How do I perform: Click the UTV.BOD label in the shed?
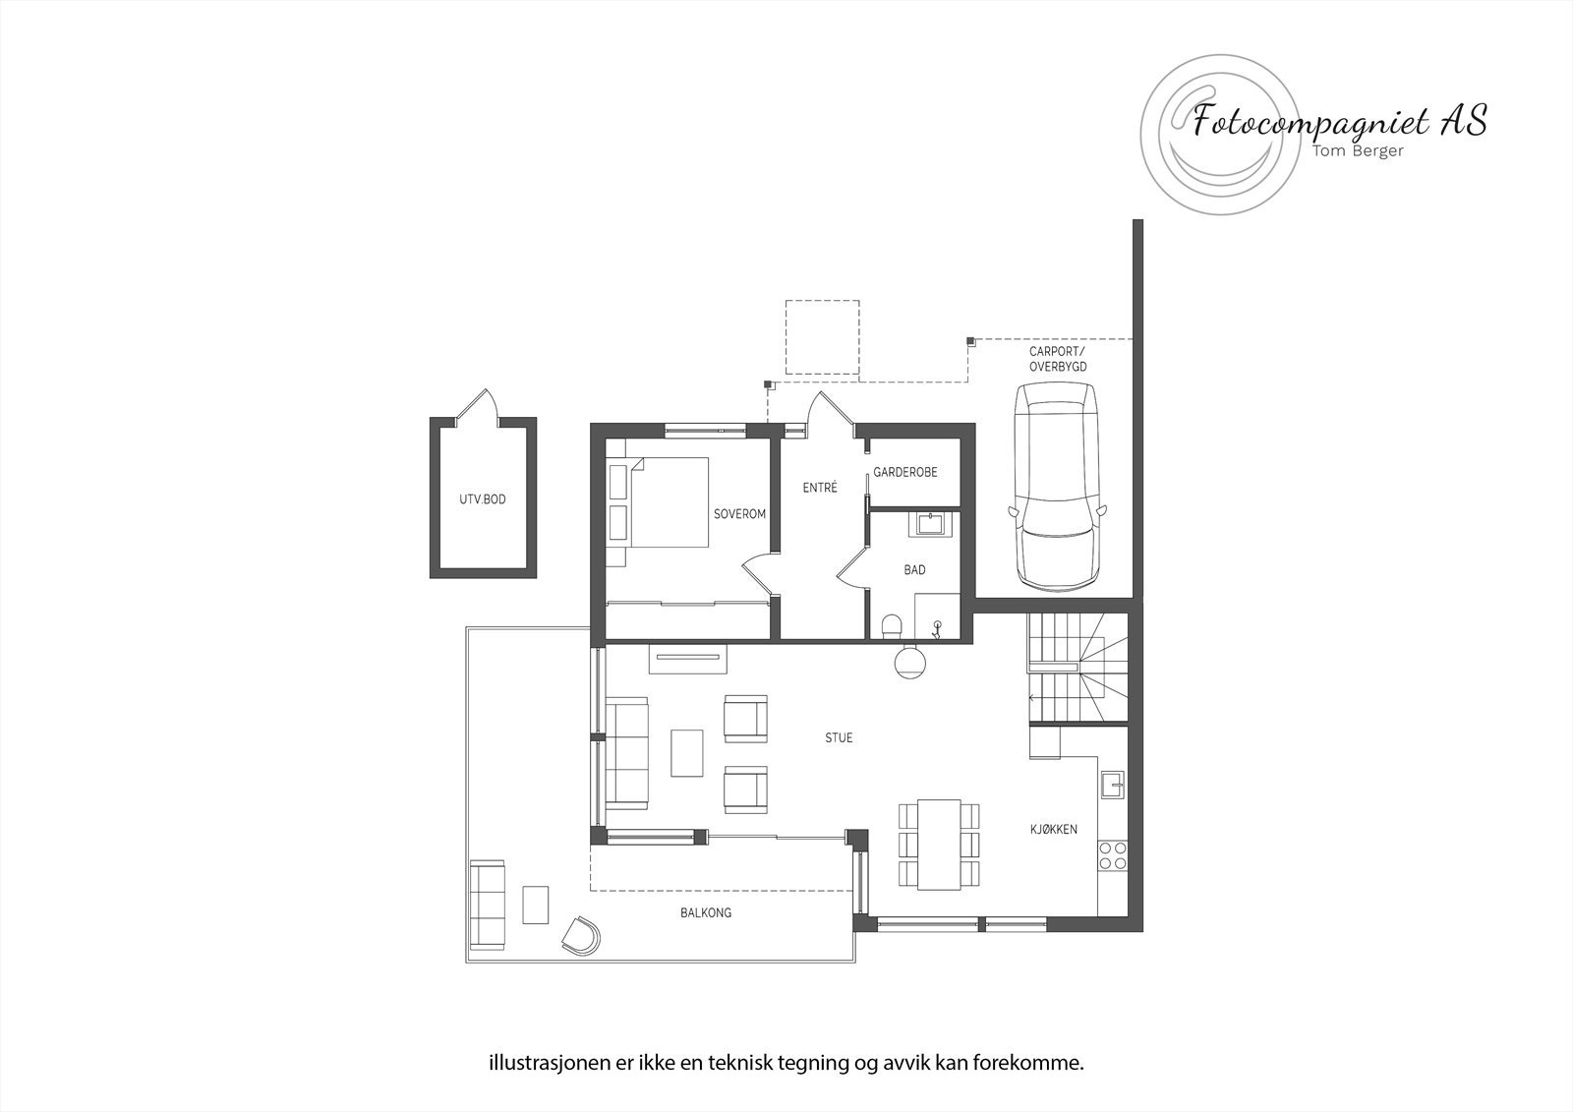point(482,499)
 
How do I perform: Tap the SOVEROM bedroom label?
point(739,514)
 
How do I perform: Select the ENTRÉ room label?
point(819,487)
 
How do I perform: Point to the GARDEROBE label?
point(905,472)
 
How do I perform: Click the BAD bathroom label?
point(914,569)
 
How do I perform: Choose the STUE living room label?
point(839,737)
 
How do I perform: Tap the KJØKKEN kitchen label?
point(1053,829)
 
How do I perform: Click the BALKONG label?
point(706,912)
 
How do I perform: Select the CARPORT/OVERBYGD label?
point(1058,359)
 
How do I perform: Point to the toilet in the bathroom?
point(893,625)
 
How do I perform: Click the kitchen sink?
point(1113,784)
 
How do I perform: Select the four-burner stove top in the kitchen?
point(1113,855)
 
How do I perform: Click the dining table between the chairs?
point(939,844)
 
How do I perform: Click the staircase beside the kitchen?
point(1077,669)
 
